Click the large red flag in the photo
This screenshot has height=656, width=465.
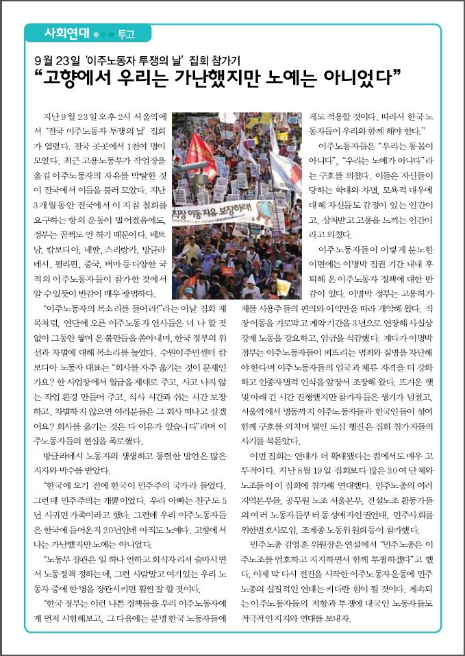pos(200,152)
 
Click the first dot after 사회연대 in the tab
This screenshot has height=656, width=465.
pos(96,33)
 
